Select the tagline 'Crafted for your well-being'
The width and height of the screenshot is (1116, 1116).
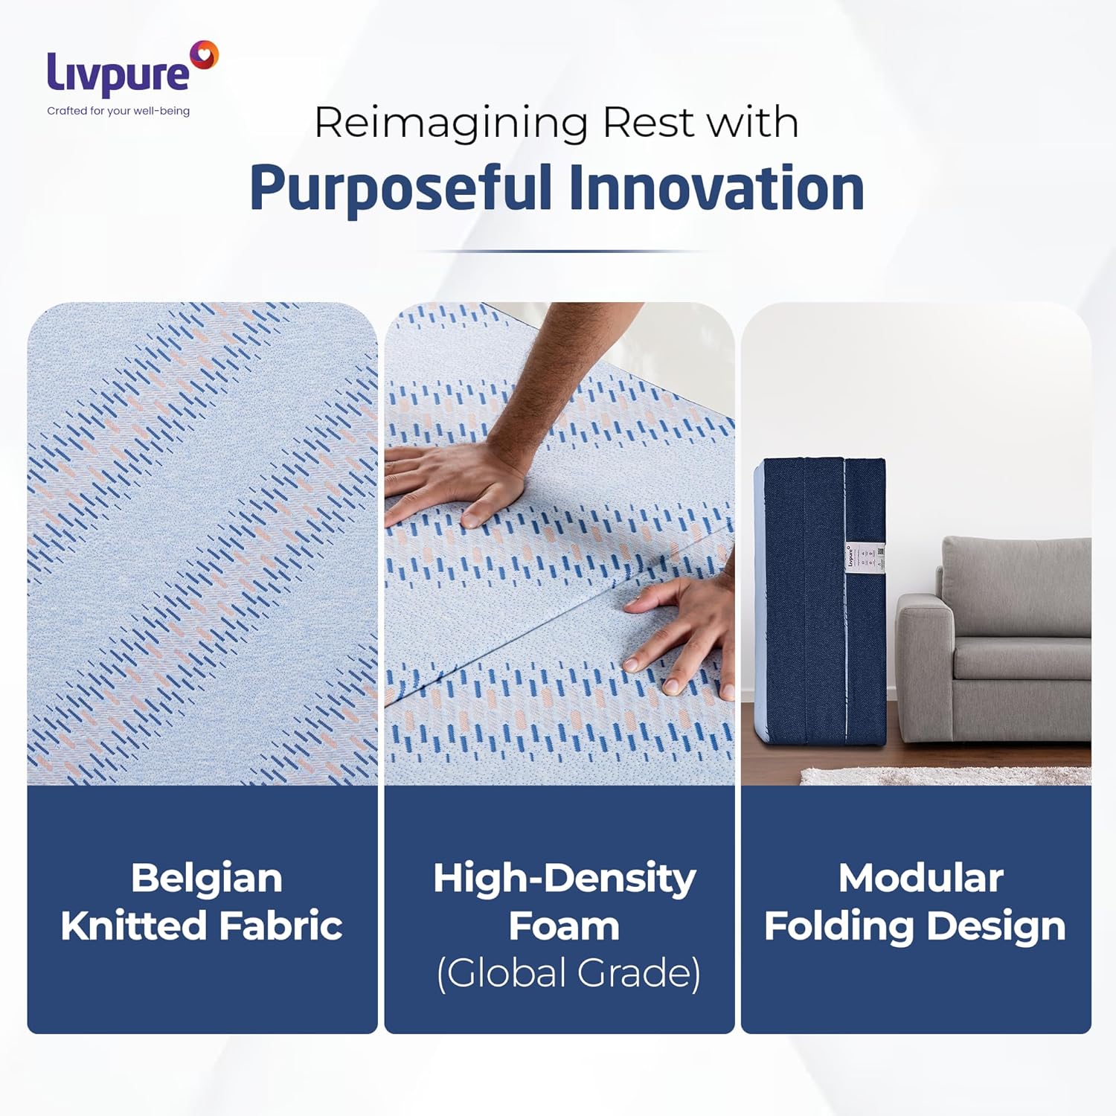click(x=118, y=111)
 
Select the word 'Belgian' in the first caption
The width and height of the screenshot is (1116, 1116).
click(x=206, y=878)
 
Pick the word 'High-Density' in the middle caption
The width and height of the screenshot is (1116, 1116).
click(x=564, y=878)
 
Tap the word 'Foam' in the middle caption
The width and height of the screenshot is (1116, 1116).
click(x=563, y=926)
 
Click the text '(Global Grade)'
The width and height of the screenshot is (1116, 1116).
click(x=568, y=973)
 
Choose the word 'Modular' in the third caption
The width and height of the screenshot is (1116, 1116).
click(x=920, y=878)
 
